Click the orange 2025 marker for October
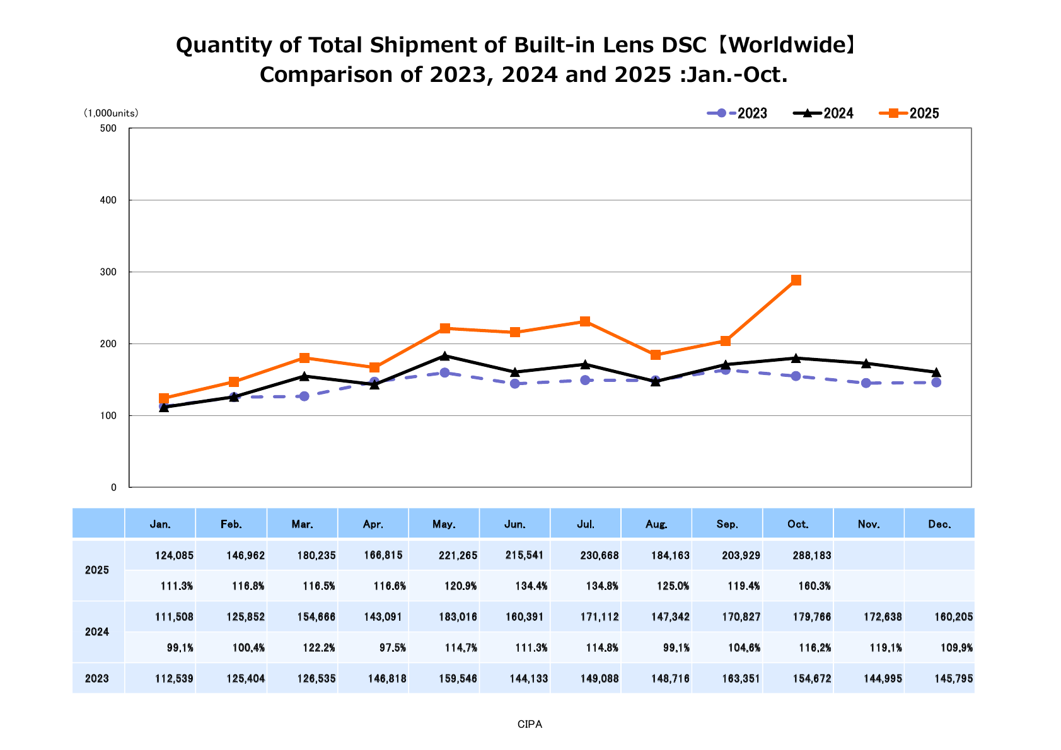pos(796,280)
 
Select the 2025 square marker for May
pos(445,328)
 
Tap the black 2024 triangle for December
pos(936,372)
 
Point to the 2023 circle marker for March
pos(304,396)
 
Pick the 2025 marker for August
pos(656,355)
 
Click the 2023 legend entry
pos(738,113)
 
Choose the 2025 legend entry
pos(910,113)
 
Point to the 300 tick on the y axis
pos(110,272)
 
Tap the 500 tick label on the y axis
pos(110,129)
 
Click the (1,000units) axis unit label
pos(111,113)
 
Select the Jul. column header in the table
pos(586,524)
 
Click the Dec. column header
pos(939,524)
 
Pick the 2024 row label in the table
pos(97,632)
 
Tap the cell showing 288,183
pos(812,556)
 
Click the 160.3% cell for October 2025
pos(814,586)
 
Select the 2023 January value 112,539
pos(175,679)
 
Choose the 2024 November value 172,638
pos(883,617)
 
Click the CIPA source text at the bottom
pos(530,725)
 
